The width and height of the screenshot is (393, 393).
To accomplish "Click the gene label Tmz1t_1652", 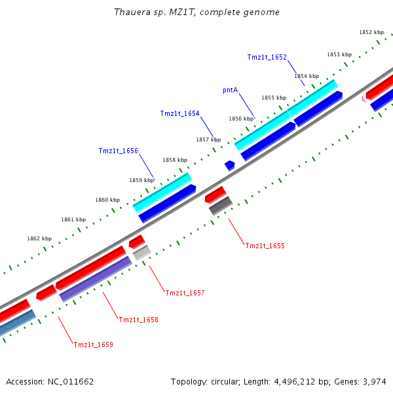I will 267,57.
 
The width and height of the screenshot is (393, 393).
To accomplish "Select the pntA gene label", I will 230,90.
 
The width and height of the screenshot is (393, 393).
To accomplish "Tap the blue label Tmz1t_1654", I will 179,114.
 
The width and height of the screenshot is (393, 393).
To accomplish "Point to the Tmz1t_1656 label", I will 118,151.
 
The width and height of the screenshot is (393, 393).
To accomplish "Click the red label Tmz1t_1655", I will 265,246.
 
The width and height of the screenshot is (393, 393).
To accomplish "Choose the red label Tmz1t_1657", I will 185,293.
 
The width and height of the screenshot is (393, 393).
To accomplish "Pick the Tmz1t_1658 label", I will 138,320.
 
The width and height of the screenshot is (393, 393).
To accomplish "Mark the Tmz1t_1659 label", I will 93,345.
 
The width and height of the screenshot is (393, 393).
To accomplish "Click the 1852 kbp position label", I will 371,32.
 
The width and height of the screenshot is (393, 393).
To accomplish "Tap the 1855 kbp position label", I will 274,98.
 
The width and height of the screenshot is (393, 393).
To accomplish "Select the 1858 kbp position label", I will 175,160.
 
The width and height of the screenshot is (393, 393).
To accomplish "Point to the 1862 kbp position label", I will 39,239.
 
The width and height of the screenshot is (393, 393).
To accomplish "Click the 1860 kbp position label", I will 107,200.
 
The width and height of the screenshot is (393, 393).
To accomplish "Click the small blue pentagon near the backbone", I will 229,165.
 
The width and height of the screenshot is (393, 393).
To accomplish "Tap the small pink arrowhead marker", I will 364,100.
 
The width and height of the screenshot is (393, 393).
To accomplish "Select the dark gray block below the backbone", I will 221,206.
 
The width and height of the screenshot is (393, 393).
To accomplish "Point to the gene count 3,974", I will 374,381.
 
